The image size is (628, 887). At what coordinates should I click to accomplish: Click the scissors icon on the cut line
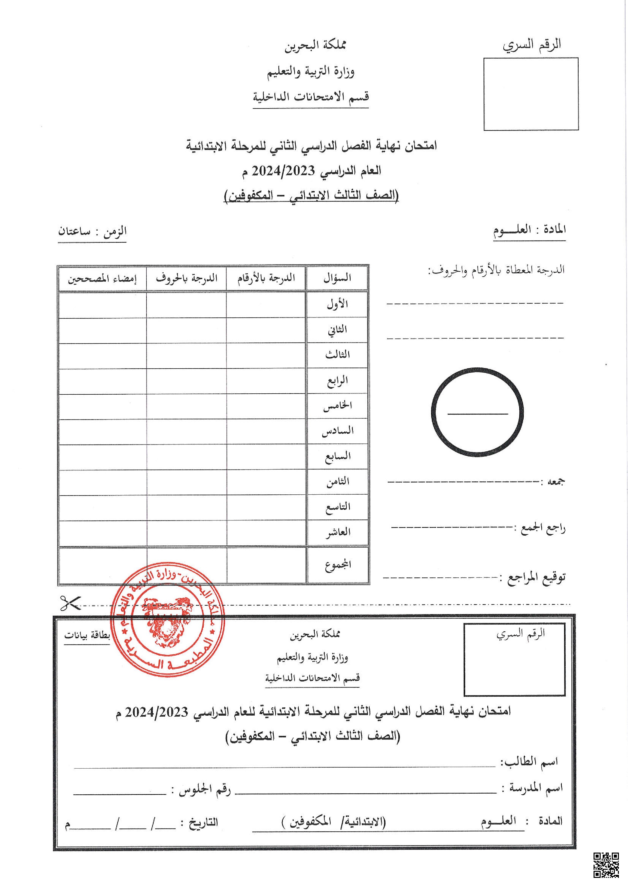coord(70,603)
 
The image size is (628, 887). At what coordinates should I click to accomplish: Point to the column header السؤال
coord(337,278)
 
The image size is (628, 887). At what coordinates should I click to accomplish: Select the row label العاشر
coord(338,532)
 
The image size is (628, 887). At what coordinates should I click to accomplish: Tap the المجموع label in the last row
coord(338,565)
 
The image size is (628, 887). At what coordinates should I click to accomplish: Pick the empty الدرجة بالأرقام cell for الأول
coord(266,305)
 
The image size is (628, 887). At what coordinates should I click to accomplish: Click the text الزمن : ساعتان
coord(92,232)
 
